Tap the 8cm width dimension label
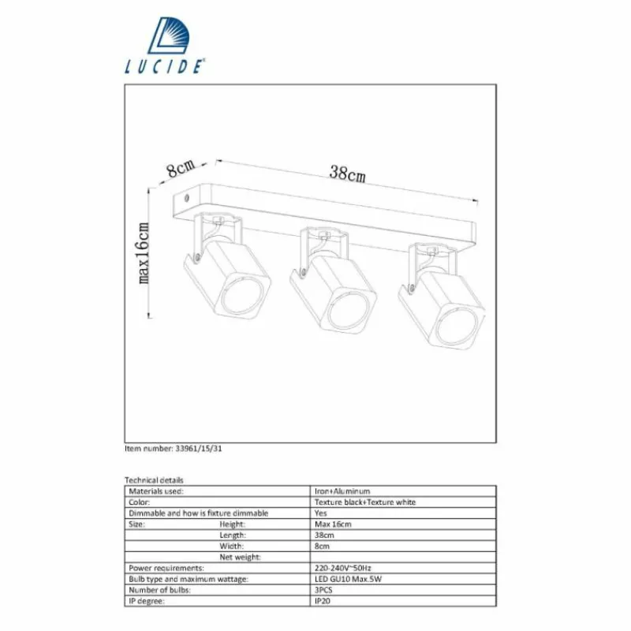(x=181, y=168)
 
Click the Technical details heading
(x=154, y=480)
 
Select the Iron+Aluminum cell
(x=342, y=491)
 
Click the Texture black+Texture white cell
(x=365, y=502)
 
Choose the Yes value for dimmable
(x=321, y=513)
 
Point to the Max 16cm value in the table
(x=332, y=524)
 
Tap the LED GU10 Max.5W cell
(x=348, y=579)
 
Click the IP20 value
(x=323, y=601)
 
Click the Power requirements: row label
(x=166, y=568)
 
